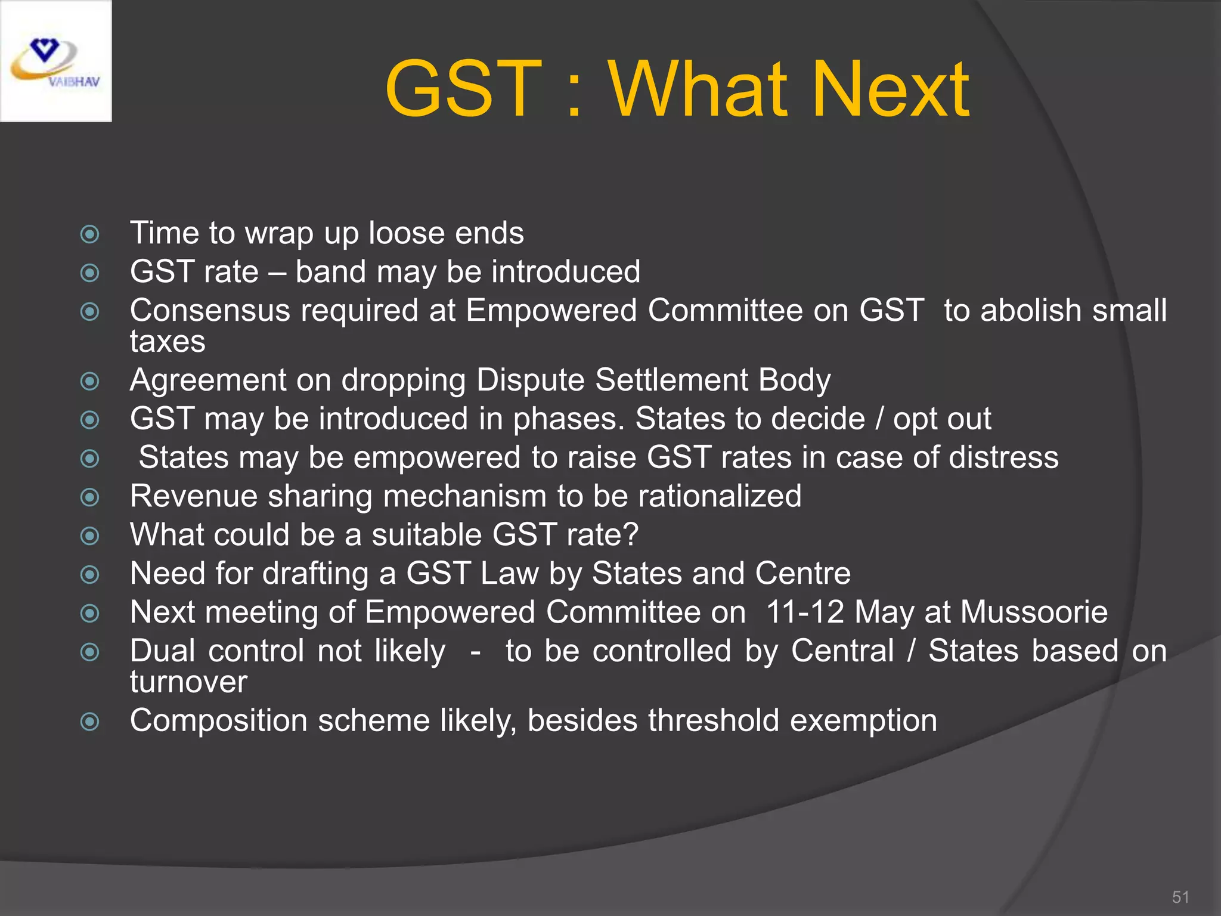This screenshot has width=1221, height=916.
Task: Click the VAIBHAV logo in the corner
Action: (55, 61)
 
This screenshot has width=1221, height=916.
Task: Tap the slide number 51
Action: (1180, 897)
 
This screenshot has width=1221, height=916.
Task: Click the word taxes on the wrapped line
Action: (168, 342)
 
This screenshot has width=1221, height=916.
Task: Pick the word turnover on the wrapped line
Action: (188, 682)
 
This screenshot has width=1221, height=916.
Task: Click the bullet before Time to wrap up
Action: (89, 234)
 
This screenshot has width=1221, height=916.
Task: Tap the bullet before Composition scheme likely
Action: (89, 722)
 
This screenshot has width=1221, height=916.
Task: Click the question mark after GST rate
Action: (630, 534)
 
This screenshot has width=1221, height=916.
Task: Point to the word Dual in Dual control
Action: (162, 651)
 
